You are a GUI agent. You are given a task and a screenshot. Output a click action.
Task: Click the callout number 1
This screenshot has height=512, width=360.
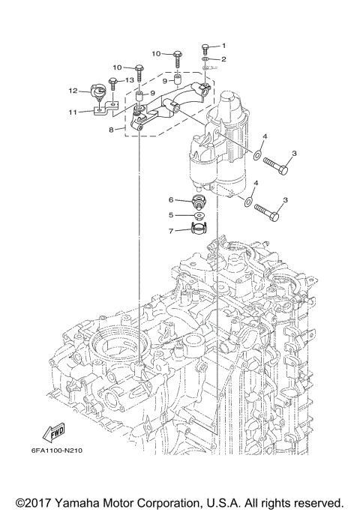click(x=222, y=46)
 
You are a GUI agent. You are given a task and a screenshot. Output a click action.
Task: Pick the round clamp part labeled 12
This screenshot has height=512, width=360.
click(x=99, y=92)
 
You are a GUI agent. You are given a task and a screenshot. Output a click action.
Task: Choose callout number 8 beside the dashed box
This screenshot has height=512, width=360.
click(x=111, y=129)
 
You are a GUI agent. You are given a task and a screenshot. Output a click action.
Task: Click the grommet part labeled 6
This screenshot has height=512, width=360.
click(x=198, y=202)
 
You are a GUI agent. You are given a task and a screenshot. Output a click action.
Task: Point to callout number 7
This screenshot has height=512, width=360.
click(x=171, y=230)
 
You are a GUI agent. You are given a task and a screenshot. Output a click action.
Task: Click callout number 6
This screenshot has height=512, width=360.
click(x=171, y=200)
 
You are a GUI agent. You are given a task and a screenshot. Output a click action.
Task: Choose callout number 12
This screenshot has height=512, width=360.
click(x=73, y=91)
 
